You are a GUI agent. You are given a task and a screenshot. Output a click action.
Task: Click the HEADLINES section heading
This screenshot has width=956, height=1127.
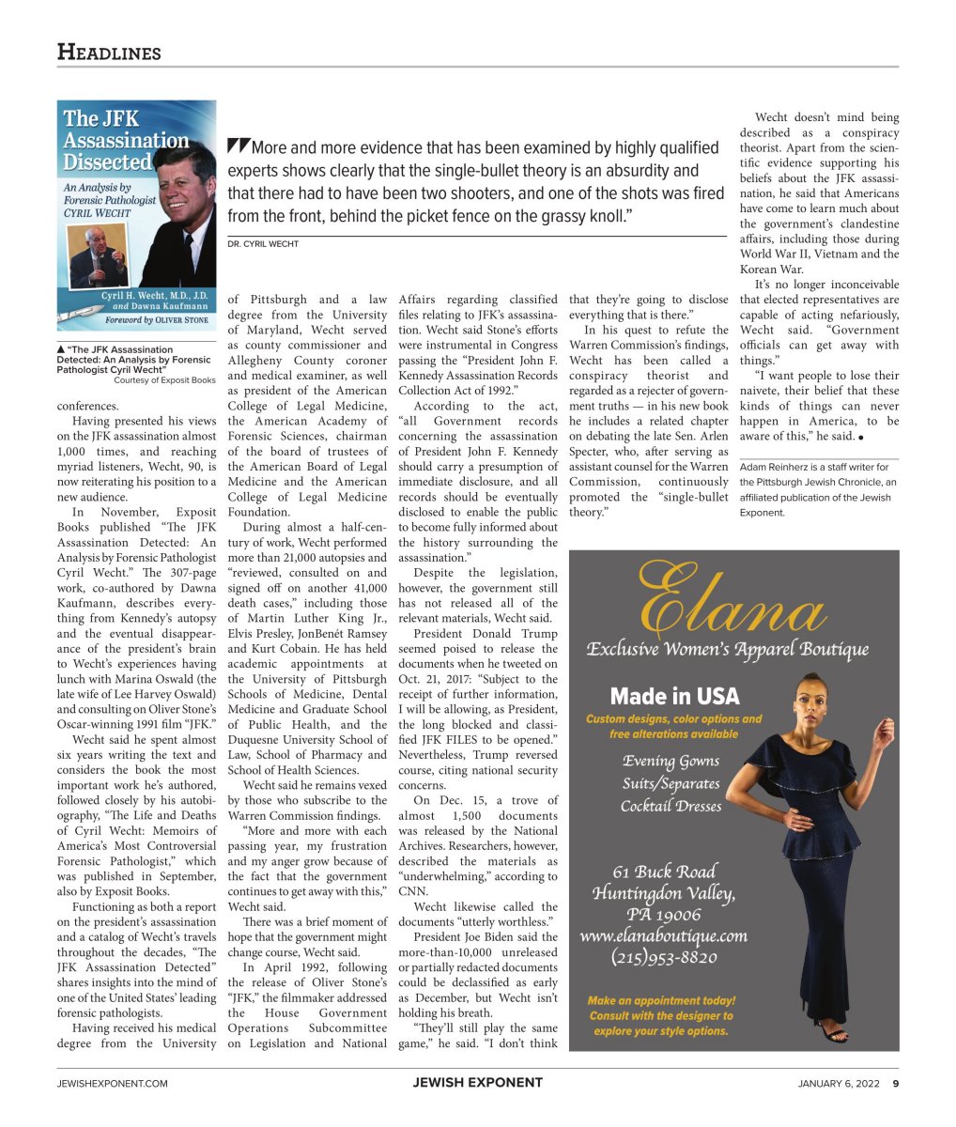109,53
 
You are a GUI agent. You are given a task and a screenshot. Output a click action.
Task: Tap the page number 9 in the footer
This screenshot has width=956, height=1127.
895,1083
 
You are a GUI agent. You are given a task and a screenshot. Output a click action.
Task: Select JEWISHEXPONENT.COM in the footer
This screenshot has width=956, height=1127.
112,1083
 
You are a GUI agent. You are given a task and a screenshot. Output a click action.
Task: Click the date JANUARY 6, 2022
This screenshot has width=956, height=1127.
839,1083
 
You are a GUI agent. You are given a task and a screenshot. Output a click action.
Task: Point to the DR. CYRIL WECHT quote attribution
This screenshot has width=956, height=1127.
263,244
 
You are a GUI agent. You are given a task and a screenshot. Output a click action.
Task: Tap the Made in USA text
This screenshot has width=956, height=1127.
674,696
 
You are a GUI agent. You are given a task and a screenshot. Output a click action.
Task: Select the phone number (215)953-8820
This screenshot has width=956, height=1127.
664,958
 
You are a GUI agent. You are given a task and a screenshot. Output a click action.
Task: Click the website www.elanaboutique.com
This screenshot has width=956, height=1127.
664,935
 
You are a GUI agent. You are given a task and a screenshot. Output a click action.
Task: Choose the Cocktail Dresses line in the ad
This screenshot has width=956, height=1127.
671,806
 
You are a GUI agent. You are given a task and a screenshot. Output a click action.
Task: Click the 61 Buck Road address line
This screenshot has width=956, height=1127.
664,871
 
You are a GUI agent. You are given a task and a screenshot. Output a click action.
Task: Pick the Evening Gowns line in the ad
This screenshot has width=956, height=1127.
671,761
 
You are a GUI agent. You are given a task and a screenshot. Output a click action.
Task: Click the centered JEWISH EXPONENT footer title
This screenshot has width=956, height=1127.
477,1083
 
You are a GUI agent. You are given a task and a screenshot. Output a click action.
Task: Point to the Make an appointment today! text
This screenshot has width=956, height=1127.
661,1001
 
